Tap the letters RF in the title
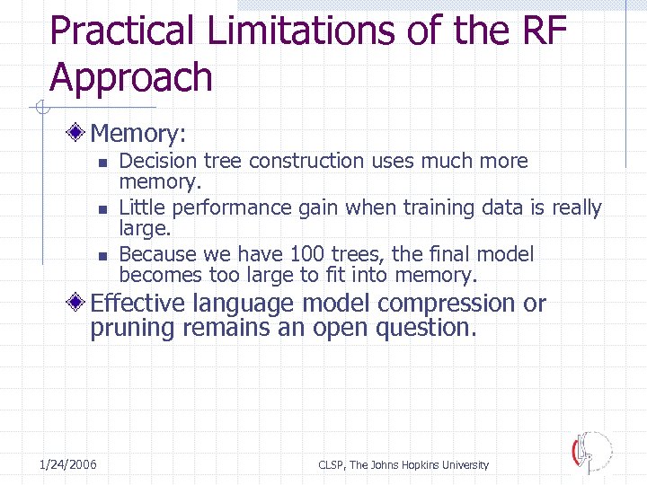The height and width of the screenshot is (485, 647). (x=542, y=32)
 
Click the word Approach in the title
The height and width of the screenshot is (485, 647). (x=131, y=79)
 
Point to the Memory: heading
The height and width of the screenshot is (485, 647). (x=137, y=134)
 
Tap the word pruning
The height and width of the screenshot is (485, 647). (x=131, y=328)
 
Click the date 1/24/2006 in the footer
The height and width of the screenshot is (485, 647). (x=68, y=464)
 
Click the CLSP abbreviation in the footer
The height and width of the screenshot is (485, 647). (x=332, y=465)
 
